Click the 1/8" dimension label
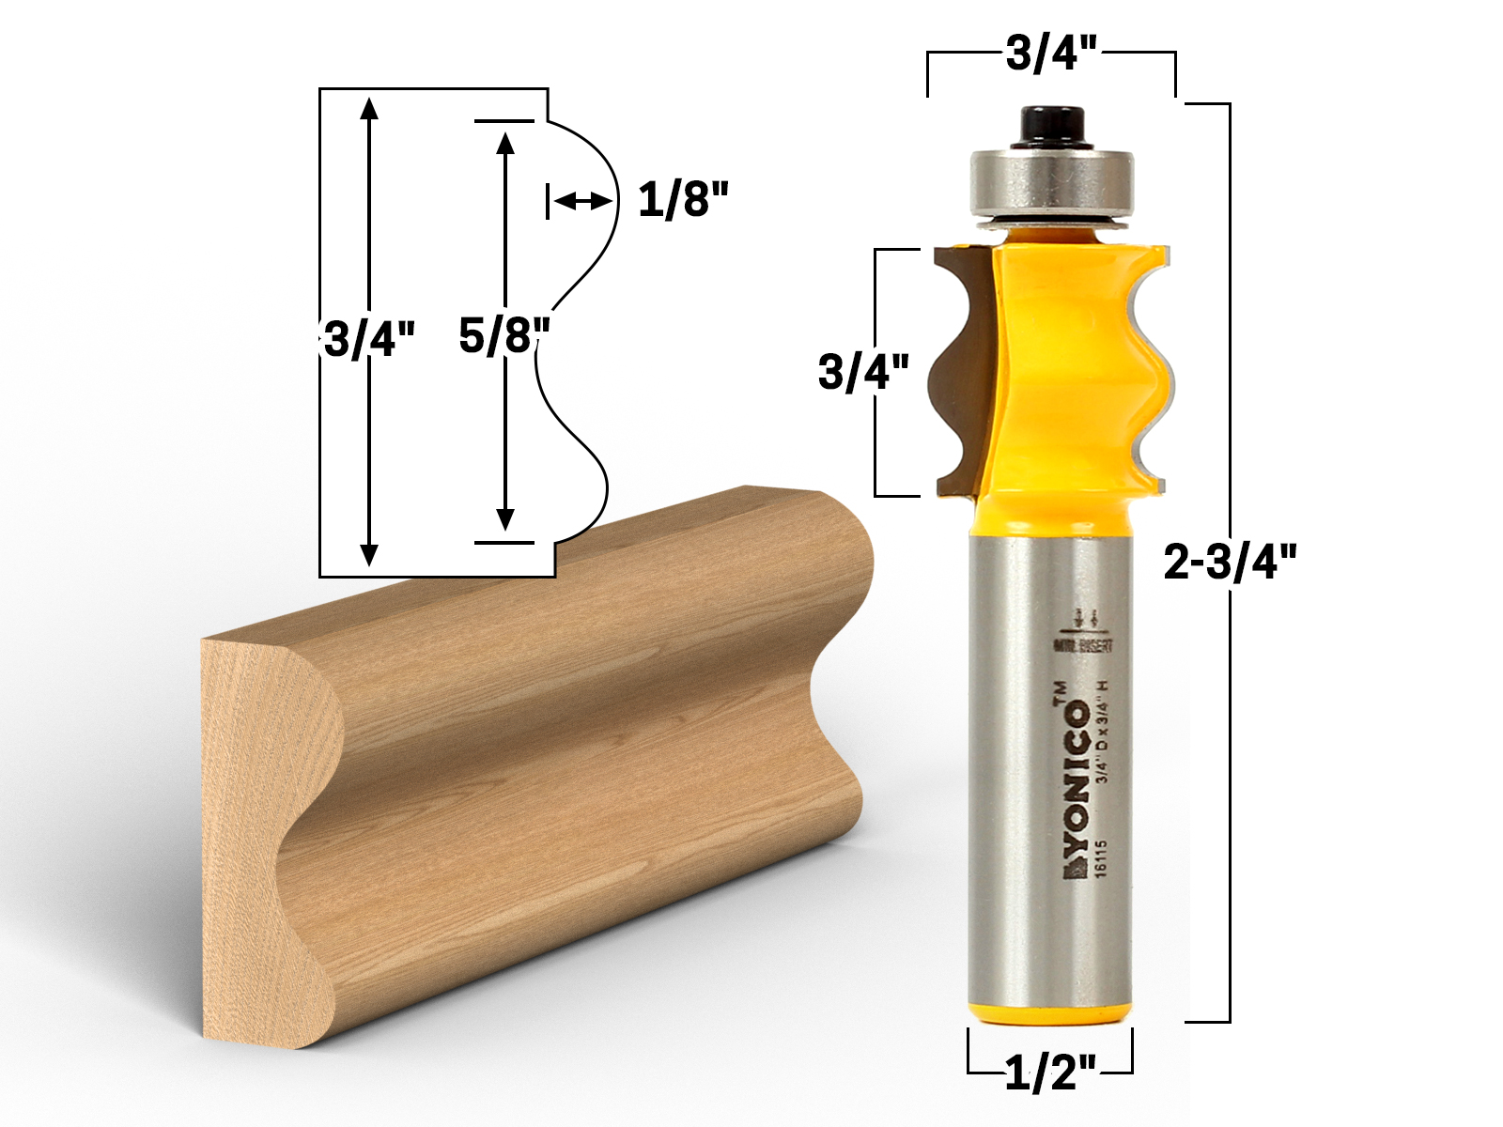coord(683,200)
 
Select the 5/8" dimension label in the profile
coord(504,335)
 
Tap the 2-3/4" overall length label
coord(1230,562)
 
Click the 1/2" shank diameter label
coord(1050,1073)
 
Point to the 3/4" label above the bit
coord(1051,54)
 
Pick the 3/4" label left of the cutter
coord(863,372)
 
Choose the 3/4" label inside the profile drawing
coord(369,338)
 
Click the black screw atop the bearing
coord(1049,126)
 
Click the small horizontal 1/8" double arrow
coord(581,201)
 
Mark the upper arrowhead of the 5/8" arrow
coord(505,143)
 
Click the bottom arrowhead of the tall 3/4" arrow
coord(369,554)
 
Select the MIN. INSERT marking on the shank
coord(1083,646)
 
